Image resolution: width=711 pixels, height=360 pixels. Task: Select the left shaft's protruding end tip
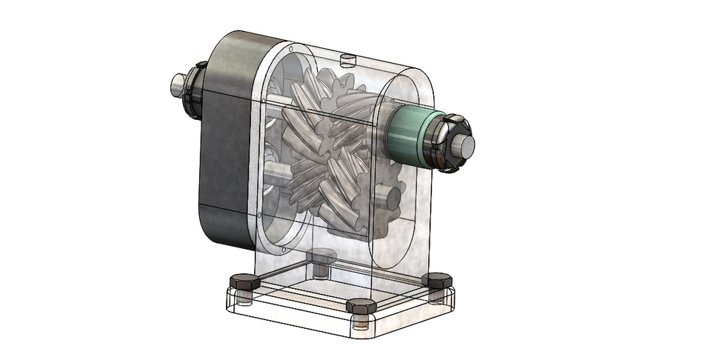(176, 84)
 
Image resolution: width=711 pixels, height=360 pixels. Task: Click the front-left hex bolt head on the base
(244, 281)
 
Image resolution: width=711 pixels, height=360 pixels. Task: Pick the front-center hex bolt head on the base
(361, 307)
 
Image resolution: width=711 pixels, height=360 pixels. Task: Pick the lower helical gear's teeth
(326, 185)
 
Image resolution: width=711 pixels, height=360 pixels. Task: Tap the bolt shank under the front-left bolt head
(244, 297)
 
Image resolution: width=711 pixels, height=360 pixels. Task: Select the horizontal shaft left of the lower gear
(278, 175)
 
